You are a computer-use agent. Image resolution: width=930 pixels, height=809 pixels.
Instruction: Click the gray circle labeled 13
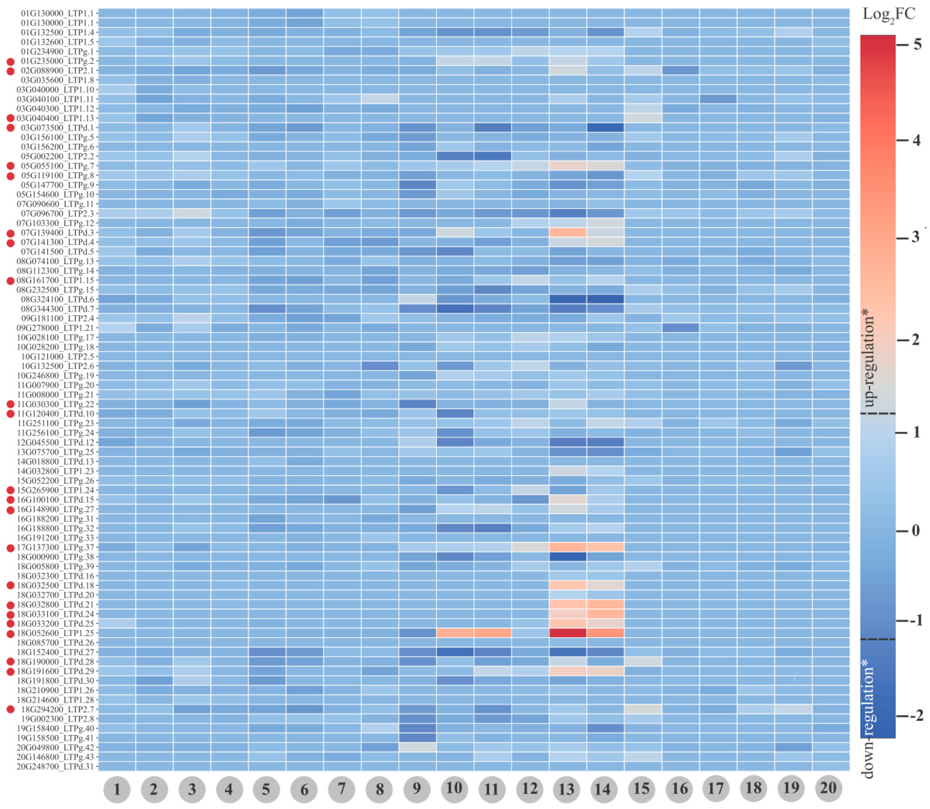click(x=566, y=789)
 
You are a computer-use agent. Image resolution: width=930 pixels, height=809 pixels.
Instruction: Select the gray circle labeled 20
click(x=828, y=788)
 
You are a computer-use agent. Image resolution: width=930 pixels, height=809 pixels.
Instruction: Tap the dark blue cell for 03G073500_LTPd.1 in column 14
click(x=605, y=128)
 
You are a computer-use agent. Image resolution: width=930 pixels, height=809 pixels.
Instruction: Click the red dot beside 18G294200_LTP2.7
click(x=10, y=709)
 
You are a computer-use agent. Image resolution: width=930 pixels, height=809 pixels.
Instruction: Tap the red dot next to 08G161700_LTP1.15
click(x=10, y=280)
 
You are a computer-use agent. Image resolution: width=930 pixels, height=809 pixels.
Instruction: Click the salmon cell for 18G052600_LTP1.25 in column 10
click(x=455, y=633)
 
